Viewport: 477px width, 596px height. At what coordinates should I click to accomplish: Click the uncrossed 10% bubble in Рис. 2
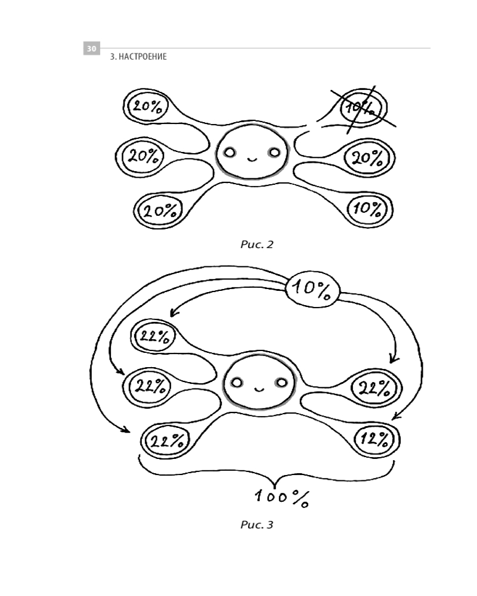[367, 209]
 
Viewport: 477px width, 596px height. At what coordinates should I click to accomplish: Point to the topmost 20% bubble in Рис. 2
[146, 106]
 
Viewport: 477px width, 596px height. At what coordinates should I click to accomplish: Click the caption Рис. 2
[256, 244]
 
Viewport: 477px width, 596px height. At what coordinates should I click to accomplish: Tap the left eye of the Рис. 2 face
[229, 153]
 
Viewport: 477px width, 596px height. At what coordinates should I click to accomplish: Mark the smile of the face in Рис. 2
[251, 159]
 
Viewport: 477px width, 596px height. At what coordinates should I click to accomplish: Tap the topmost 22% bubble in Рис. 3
[154, 337]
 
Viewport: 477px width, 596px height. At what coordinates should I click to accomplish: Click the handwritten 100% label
[280, 498]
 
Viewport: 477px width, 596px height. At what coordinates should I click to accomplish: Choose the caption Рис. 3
[256, 526]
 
